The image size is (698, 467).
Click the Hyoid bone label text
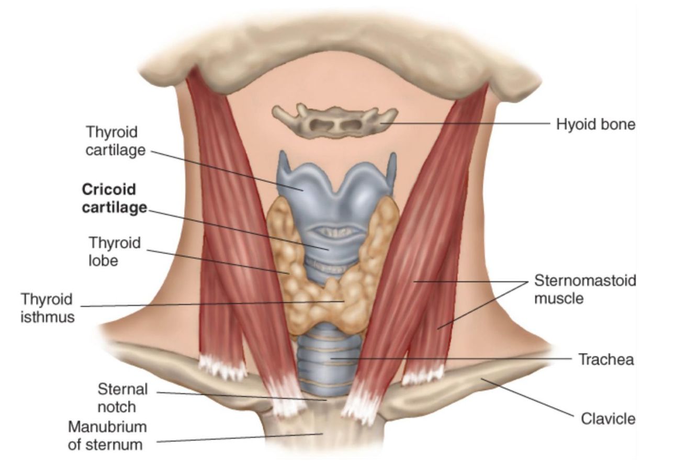(x=595, y=124)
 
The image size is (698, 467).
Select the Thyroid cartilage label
(x=116, y=140)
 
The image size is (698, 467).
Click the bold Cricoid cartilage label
(x=114, y=198)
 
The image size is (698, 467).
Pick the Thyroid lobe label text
(x=115, y=252)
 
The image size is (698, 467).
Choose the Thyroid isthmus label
(x=47, y=307)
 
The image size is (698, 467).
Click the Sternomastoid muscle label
(x=585, y=289)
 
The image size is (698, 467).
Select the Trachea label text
(x=606, y=359)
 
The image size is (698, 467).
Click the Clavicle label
(x=608, y=419)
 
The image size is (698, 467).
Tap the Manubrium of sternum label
(x=107, y=436)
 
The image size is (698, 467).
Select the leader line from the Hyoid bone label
(x=471, y=124)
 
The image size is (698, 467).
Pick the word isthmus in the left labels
(x=47, y=317)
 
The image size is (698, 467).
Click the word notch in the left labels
(x=116, y=407)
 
